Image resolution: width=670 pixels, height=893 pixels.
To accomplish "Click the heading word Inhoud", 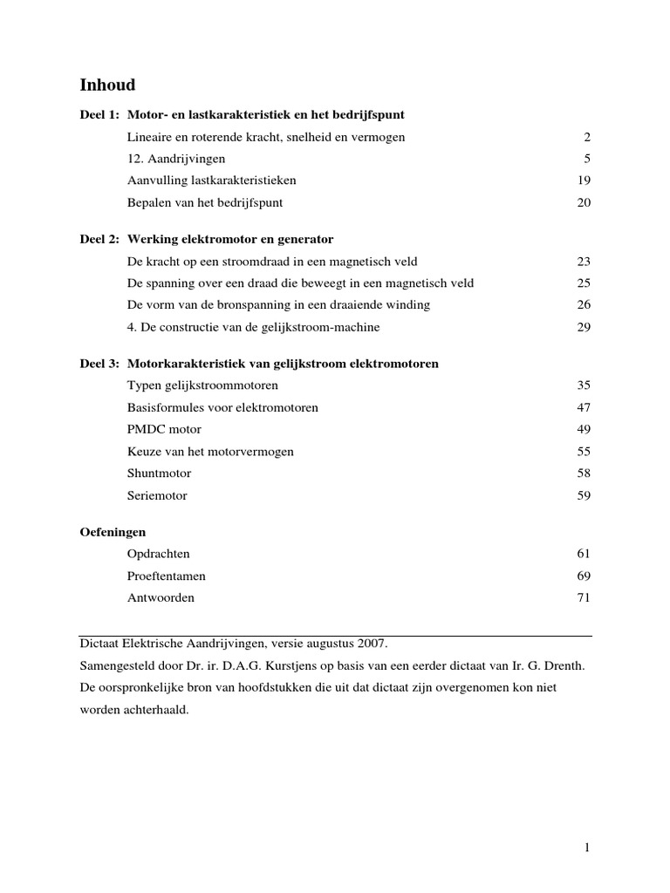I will (107, 85).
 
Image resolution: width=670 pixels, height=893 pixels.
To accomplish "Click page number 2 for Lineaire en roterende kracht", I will (587, 137).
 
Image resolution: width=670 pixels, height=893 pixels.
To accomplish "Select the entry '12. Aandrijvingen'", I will (176, 159).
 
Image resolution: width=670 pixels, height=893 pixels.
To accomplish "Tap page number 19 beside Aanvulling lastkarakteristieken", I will (584, 181).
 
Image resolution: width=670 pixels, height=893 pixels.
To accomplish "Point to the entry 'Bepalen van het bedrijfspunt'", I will (205, 202).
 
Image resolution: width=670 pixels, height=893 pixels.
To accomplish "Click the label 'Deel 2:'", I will (99, 239).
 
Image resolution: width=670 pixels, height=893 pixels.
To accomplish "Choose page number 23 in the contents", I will (584, 261).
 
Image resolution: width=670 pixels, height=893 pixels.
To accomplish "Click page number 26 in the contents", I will (584, 304).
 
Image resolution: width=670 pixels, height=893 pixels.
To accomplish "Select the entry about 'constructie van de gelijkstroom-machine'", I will (253, 327).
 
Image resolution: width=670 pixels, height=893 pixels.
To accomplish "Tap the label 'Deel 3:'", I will (99, 363).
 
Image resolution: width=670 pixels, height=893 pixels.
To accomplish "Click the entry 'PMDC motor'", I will (164, 429).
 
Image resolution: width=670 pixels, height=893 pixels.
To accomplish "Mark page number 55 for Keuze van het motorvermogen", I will (584, 451).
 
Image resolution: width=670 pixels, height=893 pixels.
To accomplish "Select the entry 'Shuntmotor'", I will (159, 474).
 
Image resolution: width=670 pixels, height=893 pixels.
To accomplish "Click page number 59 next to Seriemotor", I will (584, 495).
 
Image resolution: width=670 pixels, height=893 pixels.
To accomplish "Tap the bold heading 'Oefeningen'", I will (113, 531).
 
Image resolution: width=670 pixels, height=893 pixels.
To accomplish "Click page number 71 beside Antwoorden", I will (584, 597).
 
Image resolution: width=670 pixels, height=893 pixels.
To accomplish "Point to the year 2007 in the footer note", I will (372, 644).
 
